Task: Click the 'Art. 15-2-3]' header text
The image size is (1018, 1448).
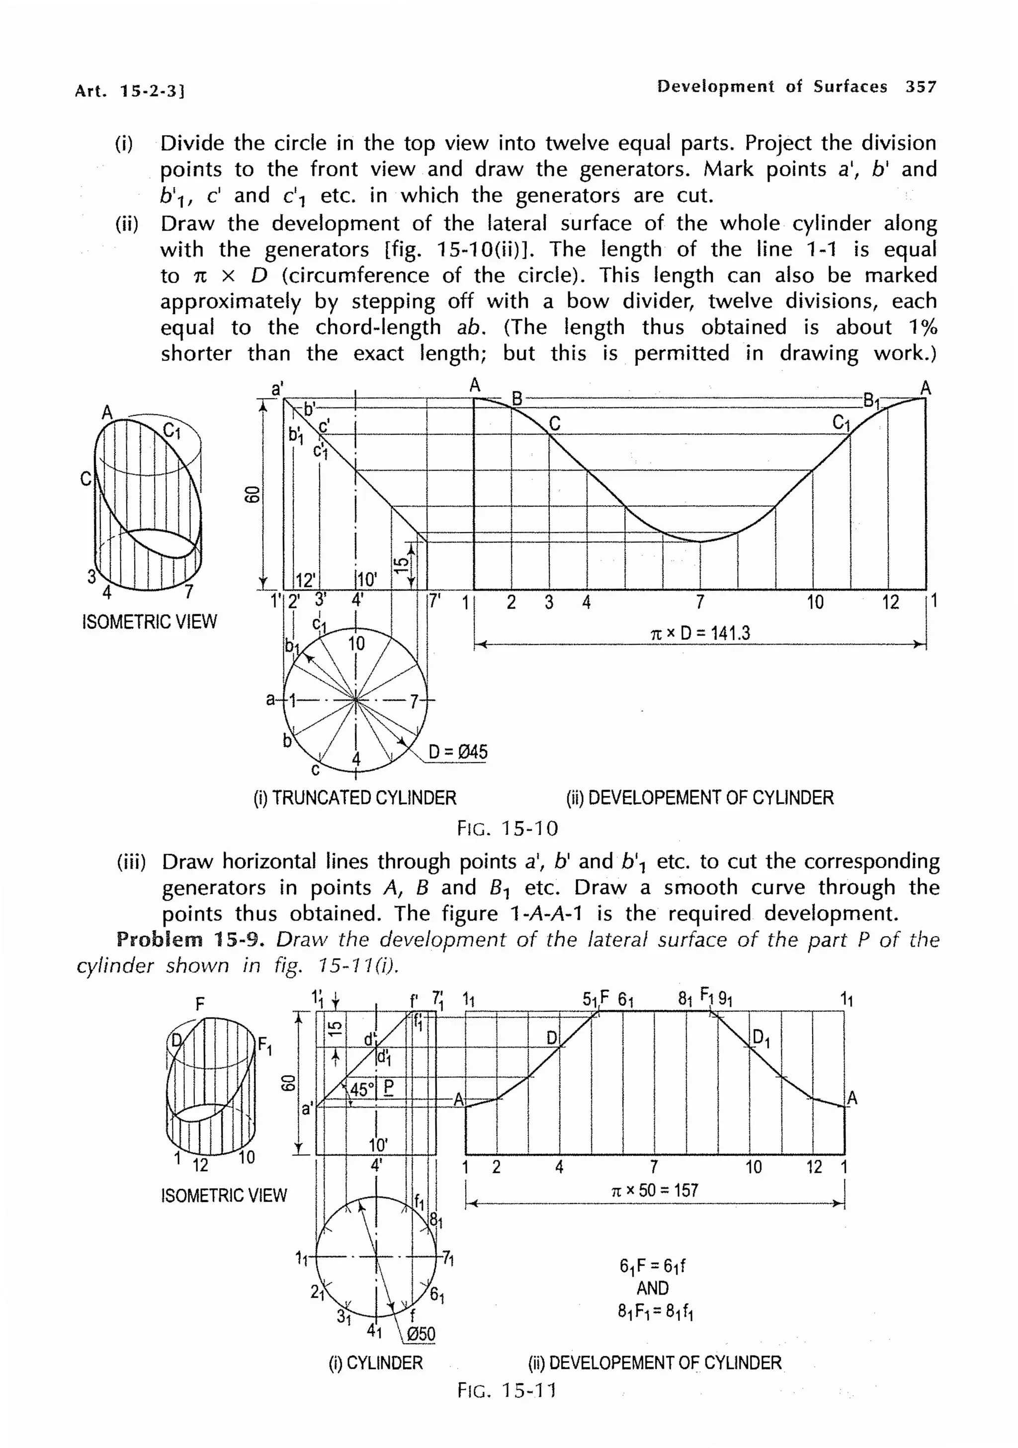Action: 129,91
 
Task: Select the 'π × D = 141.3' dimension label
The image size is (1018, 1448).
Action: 700,633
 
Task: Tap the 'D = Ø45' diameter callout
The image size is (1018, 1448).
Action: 458,752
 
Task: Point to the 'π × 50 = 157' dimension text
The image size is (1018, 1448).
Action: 655,1190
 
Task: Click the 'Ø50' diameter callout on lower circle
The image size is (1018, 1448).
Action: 421,1334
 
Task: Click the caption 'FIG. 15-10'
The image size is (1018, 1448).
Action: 508,828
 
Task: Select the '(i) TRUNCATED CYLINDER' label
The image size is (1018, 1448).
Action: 354,798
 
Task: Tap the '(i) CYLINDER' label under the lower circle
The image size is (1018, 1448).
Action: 375,1363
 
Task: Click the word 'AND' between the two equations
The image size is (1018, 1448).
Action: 652,1288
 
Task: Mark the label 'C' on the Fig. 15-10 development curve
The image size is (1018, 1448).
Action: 554,423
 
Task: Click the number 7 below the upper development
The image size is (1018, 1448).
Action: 700,602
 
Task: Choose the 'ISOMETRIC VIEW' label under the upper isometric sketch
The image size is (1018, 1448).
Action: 150,622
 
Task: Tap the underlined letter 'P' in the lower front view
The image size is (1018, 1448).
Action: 389,1087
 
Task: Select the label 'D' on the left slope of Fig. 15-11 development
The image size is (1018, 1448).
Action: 552,1038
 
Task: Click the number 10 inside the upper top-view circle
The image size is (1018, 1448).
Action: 356,644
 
